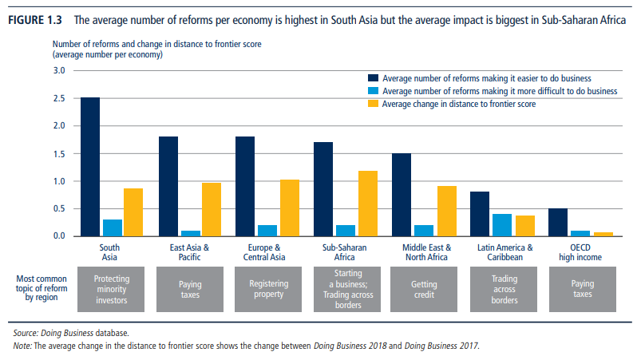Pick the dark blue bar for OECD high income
pyautogui.click(x=557, y=222)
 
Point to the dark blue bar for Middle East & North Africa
pyautogui.click(x=402, y=195)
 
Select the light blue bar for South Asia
pyautogui.click(x=112, y=227)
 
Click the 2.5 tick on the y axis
pyautogui.click(x=59, y=98)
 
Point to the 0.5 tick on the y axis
pyautogui.click(x=59, y=208)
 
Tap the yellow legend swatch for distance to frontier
pyautogui.click(x=372, y=104)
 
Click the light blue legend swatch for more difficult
pyautogui.click(x=372, y=91)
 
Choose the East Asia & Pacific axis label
pyautogui.click(x=189, y=252)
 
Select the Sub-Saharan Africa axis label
pyautogui.click(x=345, y=252)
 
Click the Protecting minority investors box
pyautogui.click(x=112, y=289)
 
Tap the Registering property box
pyautogui.click(x=267, y=289)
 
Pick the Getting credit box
pyautogui.click(x=423, y=289)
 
